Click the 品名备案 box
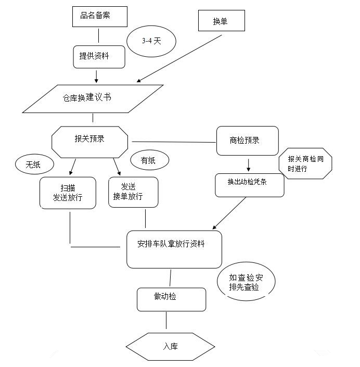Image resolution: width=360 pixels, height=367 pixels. (99, 16)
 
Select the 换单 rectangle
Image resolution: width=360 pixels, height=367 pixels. (221, 21)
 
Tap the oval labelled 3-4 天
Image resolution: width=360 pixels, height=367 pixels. (152, 41)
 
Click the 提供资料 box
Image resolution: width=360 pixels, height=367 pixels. (99, 57)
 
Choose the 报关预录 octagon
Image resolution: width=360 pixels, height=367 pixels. (90, 140)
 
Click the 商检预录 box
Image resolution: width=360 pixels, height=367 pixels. (247, 141)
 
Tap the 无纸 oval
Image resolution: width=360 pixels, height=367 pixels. (34, 165)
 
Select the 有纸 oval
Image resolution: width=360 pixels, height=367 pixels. (149, 161)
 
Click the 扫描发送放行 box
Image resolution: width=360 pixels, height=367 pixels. (68, 193)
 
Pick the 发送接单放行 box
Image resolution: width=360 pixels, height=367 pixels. (133, 192)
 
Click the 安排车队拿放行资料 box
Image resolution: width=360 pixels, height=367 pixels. (174, 249)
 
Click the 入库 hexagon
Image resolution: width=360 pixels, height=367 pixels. (170, 346)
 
